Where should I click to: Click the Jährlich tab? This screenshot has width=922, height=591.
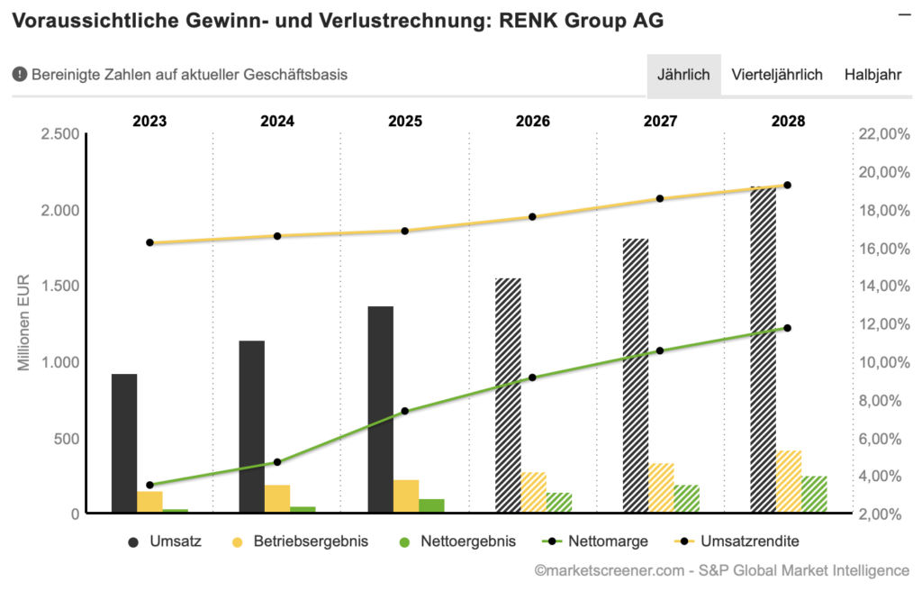pyautogui.click(x=683, y=75)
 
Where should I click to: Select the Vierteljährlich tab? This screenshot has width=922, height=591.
pyautogui.click(x=777, y=75)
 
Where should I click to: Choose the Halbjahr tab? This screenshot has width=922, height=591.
pyautogui.click(x=872, y=75)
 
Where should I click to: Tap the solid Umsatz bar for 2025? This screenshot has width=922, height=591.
pyautogui.click(x=381, y=410)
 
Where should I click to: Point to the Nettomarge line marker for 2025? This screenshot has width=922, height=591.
pyautogui.click(x=404, y=411)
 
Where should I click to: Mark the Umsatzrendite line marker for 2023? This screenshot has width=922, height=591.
pyautogui.click(x=149, y=242)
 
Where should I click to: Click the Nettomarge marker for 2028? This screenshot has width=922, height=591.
pyautogui.click(x=787, y=328)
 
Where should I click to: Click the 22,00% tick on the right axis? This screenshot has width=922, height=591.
pyautogui.click(x=886, y=134)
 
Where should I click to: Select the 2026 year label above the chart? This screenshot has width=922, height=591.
pyautogui.click(x=533, y=121)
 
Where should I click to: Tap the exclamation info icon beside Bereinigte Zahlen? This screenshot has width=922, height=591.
pyautogui.click(x=19, y=75)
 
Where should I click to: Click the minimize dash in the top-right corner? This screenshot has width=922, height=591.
pyautogui.click(x=903, y=14)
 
